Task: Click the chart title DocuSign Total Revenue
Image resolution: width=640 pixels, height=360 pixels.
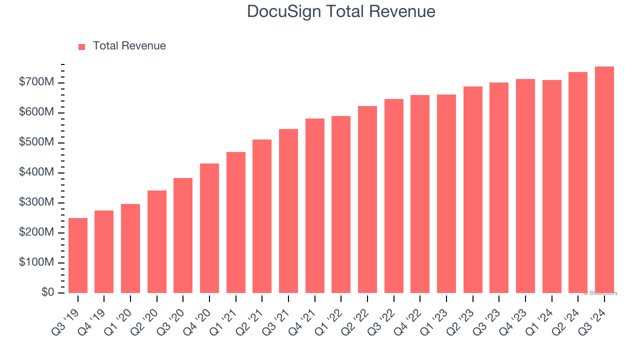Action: point(341,11)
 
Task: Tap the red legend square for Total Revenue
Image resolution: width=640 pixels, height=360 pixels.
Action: point(82,46)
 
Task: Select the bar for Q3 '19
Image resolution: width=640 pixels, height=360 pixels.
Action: point(78,255)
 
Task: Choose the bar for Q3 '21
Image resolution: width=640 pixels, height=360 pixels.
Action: point(288,211)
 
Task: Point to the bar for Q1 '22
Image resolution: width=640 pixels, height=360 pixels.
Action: point(341,204)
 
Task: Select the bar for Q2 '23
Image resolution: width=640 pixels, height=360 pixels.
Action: point(473,189)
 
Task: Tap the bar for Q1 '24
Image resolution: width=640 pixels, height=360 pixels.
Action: point(552,186)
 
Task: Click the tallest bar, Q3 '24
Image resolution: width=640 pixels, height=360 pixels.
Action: point(604,179)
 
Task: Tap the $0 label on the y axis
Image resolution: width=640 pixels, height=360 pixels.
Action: point(48,292)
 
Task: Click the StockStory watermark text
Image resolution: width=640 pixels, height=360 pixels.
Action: point(600,293)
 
